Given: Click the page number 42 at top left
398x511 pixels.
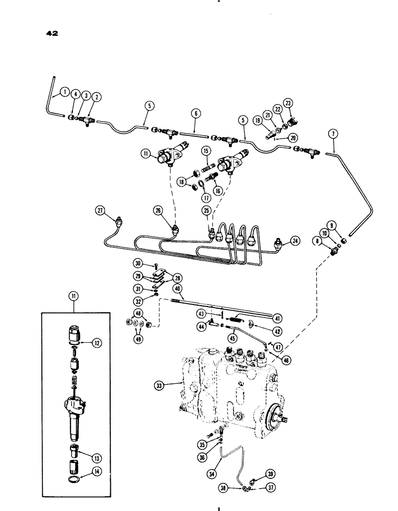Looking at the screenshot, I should click(52, 34).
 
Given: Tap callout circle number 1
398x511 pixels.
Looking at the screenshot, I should click(64, 92).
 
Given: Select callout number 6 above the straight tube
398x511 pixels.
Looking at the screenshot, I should click(194, 113).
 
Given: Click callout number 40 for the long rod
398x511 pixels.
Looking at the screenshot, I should click(177, 289).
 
